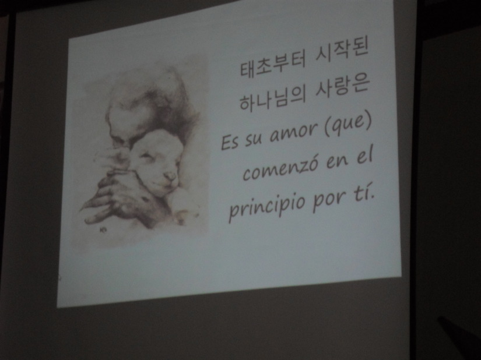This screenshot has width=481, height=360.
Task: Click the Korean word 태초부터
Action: [x=272, y=65]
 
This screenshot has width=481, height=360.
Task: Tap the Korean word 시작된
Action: [x=342, y=55]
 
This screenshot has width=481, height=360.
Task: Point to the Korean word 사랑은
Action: [x=342, y=89]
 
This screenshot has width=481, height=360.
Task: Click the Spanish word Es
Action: [x=229, y=142]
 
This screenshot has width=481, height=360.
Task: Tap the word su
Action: [x=253, y=139]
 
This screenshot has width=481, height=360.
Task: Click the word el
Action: [x=364, y=157]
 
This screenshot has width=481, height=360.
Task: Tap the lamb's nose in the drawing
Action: [x=170, y=176]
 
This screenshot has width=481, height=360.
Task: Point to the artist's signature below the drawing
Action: [x=102, y=229]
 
